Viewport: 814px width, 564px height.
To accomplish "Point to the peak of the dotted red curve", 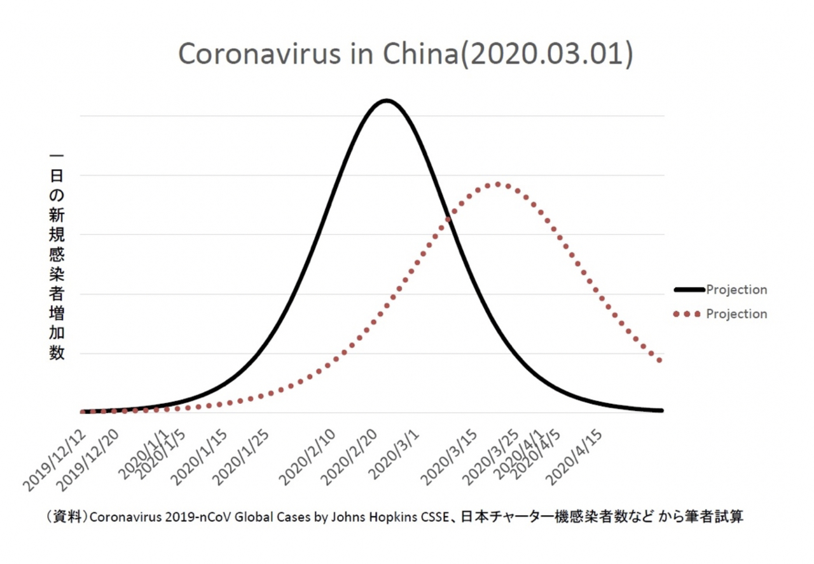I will coord(497,184).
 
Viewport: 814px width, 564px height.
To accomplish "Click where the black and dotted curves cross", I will coord(449,219).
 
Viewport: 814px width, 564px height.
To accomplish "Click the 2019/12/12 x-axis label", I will coord(55,460).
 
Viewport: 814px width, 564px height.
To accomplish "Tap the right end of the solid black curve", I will coord(661,411).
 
